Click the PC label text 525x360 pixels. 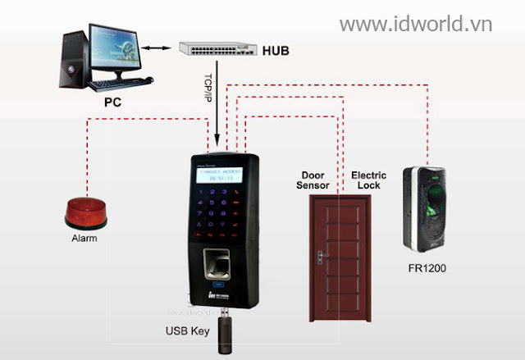tap(112, 104)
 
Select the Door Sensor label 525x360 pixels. tap(314, 180)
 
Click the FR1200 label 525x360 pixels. tap(427, 268)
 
